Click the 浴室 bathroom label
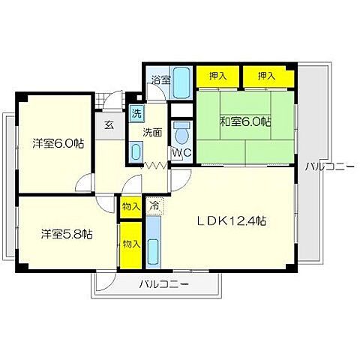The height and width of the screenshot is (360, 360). (160, 79)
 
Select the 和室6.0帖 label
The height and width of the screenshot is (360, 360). (245, 122)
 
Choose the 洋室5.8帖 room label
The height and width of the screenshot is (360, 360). (67, 234)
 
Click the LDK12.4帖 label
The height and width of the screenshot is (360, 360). (232, 222)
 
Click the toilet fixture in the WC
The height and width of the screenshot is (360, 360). (181, 133)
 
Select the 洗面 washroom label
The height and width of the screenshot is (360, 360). (154, 133)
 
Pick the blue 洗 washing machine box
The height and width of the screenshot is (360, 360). (136, 114)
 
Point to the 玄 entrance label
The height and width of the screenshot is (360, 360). (109, 124)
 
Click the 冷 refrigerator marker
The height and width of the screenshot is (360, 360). (154, 204)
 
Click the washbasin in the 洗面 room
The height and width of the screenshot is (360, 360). (135, 151)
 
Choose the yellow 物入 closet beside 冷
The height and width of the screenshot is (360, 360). (130, 205)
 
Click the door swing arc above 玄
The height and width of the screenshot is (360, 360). (112, 103)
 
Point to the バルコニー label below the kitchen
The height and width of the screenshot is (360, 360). (164, 284)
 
